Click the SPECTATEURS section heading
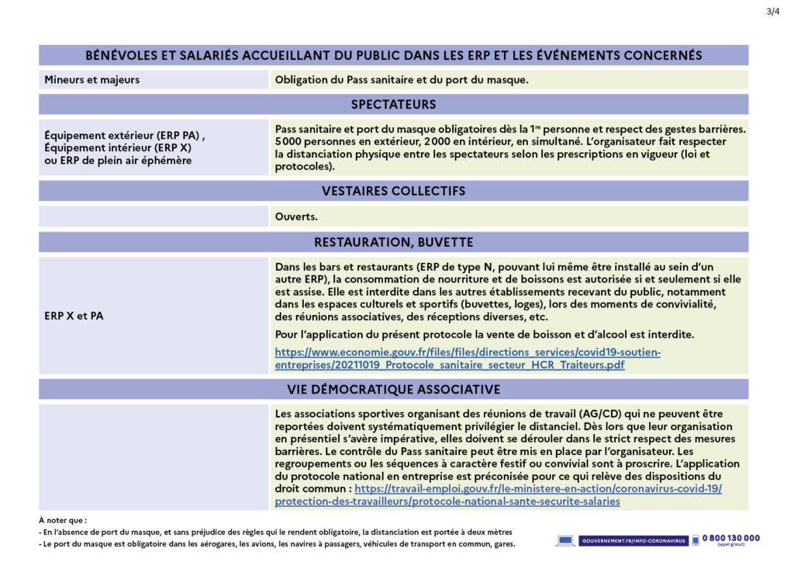(393, 104)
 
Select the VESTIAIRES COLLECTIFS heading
(393, 191)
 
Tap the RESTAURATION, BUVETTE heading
(393, 242)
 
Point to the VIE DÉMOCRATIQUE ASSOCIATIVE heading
(393, 389)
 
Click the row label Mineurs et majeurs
(92, 80)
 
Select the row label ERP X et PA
(74, 316)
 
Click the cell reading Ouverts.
(296, 217)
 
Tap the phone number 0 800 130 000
(731, 537)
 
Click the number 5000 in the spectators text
(288, 142)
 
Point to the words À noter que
(63, 520)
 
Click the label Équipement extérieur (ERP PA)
(124, 135)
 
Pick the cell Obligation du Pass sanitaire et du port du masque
(402, 80)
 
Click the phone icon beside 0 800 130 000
(696, 539)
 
